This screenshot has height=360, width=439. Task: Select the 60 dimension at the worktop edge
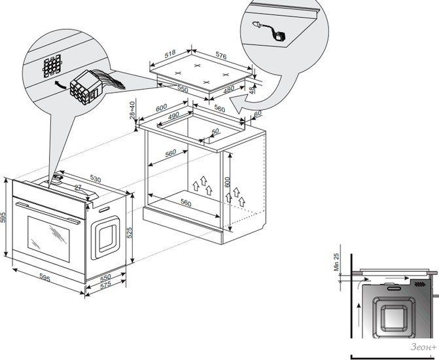(257, 113)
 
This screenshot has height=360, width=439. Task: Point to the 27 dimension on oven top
(79, 189)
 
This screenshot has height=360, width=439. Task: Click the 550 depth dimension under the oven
(105, 278)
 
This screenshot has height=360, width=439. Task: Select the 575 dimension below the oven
(105, 285)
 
